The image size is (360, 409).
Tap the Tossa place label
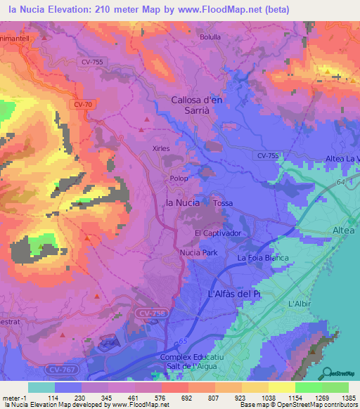click(223, 203)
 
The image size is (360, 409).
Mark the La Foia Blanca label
click(263, 258)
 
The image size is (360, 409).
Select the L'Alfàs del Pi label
click(234, 293)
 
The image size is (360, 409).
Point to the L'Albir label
click(300, 303)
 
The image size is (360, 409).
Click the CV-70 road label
click(82, 104)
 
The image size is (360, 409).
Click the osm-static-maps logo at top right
click(337, 74)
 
